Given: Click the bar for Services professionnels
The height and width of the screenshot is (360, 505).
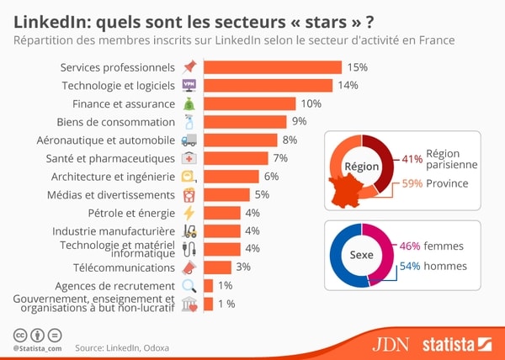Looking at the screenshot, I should (x=274, y=67).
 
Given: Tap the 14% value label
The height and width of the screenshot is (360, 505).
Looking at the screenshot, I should (x=348, y=85).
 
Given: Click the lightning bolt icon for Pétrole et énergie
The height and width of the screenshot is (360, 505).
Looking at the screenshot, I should (x=189, y=213).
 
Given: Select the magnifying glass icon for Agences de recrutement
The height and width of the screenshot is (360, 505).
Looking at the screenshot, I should (x=189, y=286).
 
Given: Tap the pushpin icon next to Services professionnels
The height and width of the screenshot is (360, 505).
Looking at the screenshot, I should (x=189, y=67).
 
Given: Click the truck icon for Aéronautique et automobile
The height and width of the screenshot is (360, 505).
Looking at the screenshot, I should (x=189, y=140).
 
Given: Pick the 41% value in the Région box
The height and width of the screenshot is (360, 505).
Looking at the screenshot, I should (x=412, y=158).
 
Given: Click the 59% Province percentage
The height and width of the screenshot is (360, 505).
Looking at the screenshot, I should (x=412, y=183).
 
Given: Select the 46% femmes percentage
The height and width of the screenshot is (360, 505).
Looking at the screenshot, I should (x=409, y=246).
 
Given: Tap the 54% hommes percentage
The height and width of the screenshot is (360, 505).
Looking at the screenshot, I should (x=409, y=266).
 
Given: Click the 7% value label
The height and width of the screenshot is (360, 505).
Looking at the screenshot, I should (x=280, y=158).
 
